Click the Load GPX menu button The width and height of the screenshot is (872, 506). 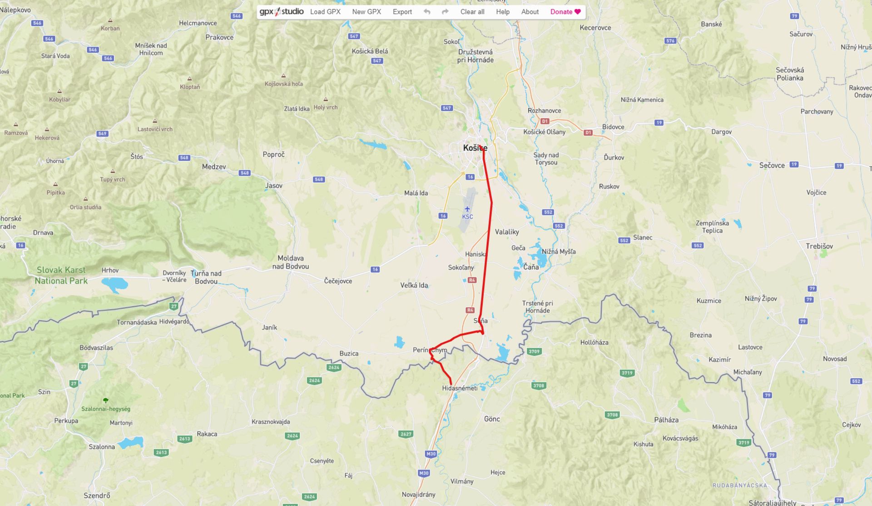point(325,12)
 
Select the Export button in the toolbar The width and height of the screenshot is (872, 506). point(402,12)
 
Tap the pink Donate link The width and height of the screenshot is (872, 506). point(565,12)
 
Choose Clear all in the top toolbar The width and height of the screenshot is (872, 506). point(472,12)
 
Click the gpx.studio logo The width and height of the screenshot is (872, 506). point(282,12)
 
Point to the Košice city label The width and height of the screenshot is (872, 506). point(475,148)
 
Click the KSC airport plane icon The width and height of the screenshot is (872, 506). point(467,209)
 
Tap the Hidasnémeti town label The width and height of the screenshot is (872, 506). point(460,388)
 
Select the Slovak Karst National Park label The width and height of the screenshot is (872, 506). point(61,276)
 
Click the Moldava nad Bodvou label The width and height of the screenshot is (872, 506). point(291,262)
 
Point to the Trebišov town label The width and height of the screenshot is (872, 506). point(819,246)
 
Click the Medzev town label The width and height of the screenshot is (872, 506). point(214,167)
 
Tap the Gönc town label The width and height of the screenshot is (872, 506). point(492,419)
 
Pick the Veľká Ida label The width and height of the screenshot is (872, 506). point(414,286)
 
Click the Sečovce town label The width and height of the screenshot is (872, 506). point(772,165)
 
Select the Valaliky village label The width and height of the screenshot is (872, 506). point(507,232)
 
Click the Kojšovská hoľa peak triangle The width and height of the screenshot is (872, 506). point(283,76)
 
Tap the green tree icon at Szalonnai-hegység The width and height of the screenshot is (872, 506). point(106,401)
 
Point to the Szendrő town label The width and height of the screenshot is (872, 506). point(97,496)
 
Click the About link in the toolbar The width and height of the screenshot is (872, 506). point(530,12)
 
